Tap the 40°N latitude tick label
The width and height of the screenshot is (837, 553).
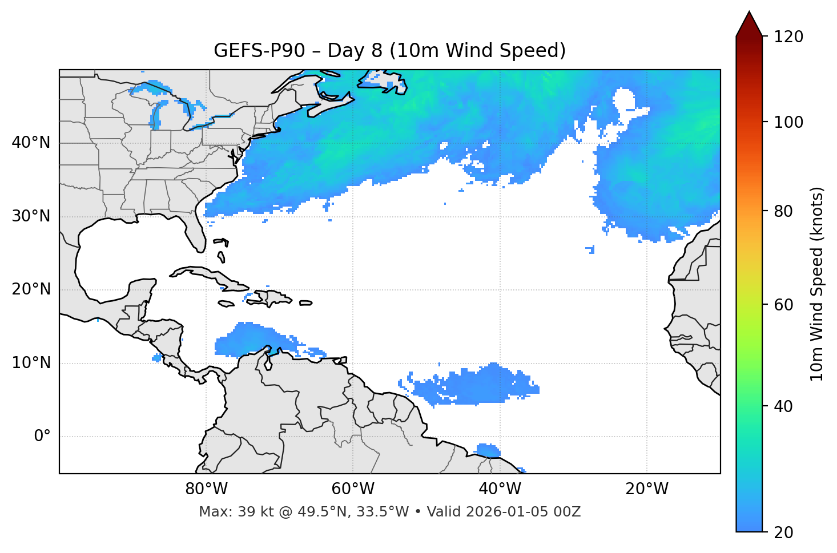31,143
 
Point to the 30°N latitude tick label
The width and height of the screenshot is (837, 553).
31,216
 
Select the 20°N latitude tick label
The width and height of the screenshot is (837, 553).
31,289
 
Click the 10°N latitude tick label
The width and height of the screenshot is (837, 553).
31,363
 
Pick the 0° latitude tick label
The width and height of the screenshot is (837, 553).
42,437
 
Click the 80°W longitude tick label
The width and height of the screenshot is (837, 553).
206,489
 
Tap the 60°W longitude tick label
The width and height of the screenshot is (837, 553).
353,489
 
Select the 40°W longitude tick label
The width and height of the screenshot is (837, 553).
500,489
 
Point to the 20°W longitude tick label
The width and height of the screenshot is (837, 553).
646,489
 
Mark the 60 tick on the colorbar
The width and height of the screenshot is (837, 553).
784,305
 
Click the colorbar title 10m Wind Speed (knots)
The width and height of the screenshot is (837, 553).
817,284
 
